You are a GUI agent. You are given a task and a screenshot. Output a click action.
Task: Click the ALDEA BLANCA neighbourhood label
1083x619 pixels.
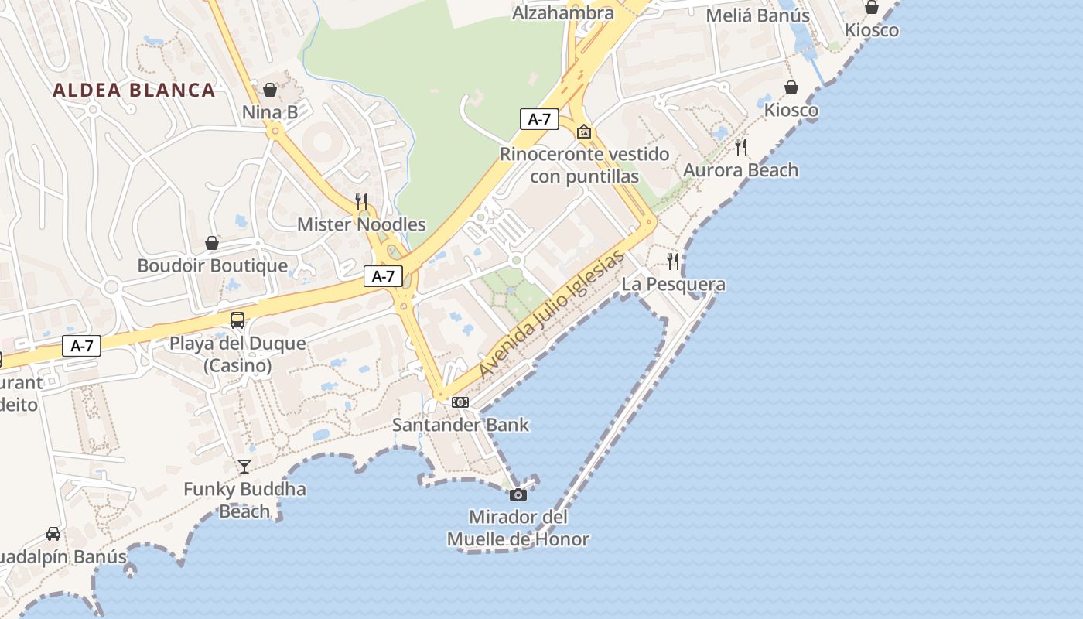coord(134,90)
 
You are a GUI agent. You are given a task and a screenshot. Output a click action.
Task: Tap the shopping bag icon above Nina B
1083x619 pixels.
coord(270,90)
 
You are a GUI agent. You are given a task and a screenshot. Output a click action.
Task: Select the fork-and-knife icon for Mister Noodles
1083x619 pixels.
coord(361,202)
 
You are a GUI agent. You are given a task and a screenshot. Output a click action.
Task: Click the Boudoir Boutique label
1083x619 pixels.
coord(213,265)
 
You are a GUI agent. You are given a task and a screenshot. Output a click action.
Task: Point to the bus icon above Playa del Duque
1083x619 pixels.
coord(237,320)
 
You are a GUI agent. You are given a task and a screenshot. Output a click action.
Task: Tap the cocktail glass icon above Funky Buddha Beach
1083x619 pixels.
coord(244,466)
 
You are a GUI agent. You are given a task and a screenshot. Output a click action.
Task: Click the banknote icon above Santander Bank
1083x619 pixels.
coord(460,402)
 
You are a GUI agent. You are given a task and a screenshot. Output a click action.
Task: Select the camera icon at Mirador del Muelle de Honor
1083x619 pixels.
coord(518,494)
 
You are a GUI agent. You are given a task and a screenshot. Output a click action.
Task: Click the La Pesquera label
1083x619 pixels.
coord(674,285)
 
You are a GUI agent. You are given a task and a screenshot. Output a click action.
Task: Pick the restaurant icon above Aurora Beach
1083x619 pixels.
coord(741,147)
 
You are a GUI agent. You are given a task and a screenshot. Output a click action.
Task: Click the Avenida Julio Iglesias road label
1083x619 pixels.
coord(551,314)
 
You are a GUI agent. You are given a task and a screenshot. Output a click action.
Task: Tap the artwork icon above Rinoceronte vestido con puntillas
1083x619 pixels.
coord(584,132)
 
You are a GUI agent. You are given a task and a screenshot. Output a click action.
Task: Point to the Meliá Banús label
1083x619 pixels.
coord(758,15)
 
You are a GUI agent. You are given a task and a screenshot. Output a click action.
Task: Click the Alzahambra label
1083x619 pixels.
coord(563,12)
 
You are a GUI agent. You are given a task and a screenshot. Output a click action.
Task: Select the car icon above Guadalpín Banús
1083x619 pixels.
coord(53,534)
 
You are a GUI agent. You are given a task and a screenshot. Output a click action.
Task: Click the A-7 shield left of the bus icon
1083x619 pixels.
coord(82,346)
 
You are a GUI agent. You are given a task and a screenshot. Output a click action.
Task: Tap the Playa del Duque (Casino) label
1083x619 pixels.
coord(237,354)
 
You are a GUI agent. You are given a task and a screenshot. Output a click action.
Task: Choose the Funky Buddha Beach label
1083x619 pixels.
coord(244,500)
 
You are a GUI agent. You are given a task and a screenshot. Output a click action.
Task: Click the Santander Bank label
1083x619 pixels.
coord(460,424)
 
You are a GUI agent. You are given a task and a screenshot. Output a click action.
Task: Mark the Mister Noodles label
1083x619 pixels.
coord(361,224)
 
